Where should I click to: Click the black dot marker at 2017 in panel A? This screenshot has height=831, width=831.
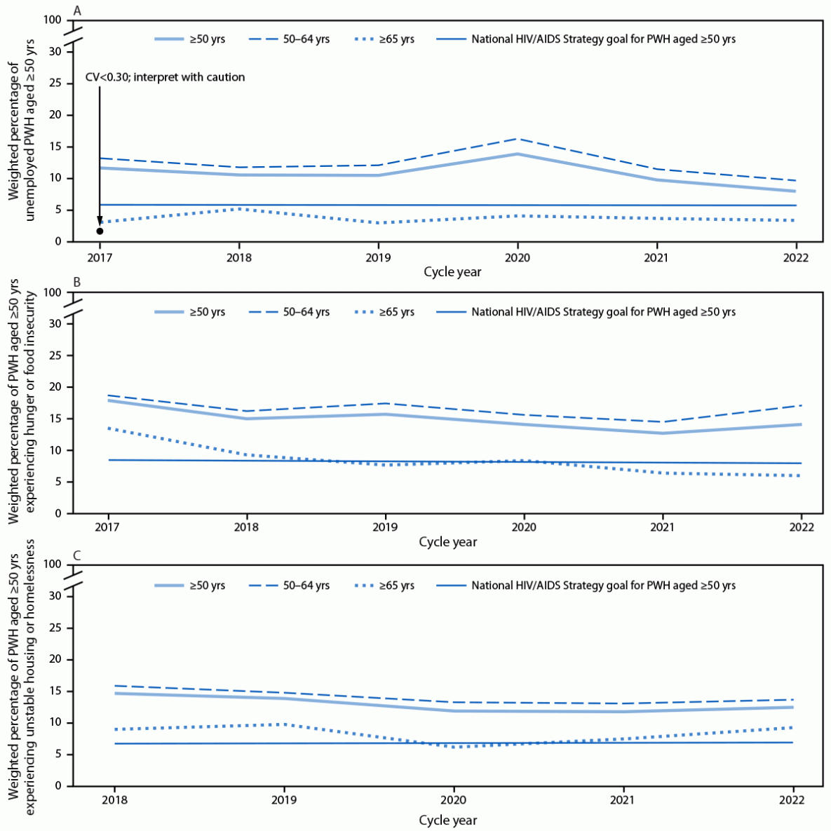100,231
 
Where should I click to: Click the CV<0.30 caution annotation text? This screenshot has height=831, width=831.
165,77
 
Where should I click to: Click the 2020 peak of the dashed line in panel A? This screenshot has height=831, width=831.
518,139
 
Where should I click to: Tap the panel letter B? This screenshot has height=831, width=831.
77,283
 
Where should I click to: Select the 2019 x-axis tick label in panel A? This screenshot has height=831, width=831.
379,257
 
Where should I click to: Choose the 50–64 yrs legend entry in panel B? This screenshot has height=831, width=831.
289,312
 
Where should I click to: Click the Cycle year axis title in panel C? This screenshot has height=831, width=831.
447,820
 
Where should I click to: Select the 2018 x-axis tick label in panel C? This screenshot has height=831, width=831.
114,800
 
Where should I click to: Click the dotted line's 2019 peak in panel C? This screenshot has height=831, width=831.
283,724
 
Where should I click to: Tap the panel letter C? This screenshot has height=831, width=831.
77,556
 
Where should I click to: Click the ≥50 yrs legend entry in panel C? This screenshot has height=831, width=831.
190,586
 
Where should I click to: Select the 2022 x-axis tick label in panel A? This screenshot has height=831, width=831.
795,257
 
